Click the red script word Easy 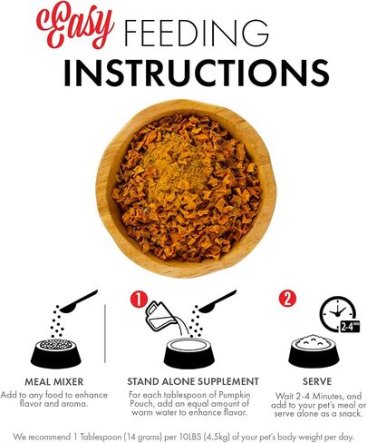[x=75, y=26]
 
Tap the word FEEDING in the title [x=197, y=32]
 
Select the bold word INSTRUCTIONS [x=196, y=73]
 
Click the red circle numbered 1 [x=139, y=300]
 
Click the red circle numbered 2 [x=287, y=299]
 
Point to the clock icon [x=338, y=313]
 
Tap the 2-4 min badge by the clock [x=350, y=327]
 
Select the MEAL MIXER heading [x=53, y=381]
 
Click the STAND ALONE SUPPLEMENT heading [x=193, y=381]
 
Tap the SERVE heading [x=317, y=381]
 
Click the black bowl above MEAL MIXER [x=56, y=353]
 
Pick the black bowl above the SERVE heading [x=314, y=351]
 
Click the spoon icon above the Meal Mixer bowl [x=79, y=301]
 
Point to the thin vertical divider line [x=105, y=333]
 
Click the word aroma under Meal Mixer [x=74, y=404]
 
